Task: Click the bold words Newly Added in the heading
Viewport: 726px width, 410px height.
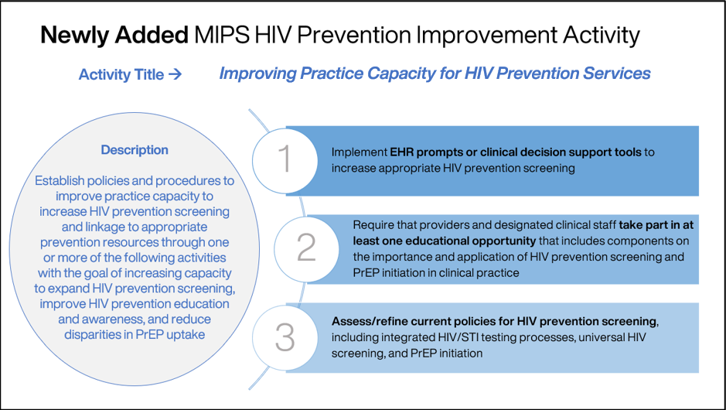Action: tap(114, 36)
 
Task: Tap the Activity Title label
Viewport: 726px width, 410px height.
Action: tap(121, 75)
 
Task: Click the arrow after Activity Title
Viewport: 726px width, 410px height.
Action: tap(175, 75)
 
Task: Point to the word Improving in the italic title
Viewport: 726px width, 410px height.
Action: tap(255, 73)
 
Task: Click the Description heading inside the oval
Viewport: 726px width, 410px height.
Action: tap(135, 150)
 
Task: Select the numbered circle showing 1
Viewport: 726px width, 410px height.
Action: tap(285, 159)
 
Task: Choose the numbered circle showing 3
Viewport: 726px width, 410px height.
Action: tap(285, 337)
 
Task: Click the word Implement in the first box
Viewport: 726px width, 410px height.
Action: tap(360, 152)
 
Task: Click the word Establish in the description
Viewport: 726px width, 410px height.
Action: tap(60, 180)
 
